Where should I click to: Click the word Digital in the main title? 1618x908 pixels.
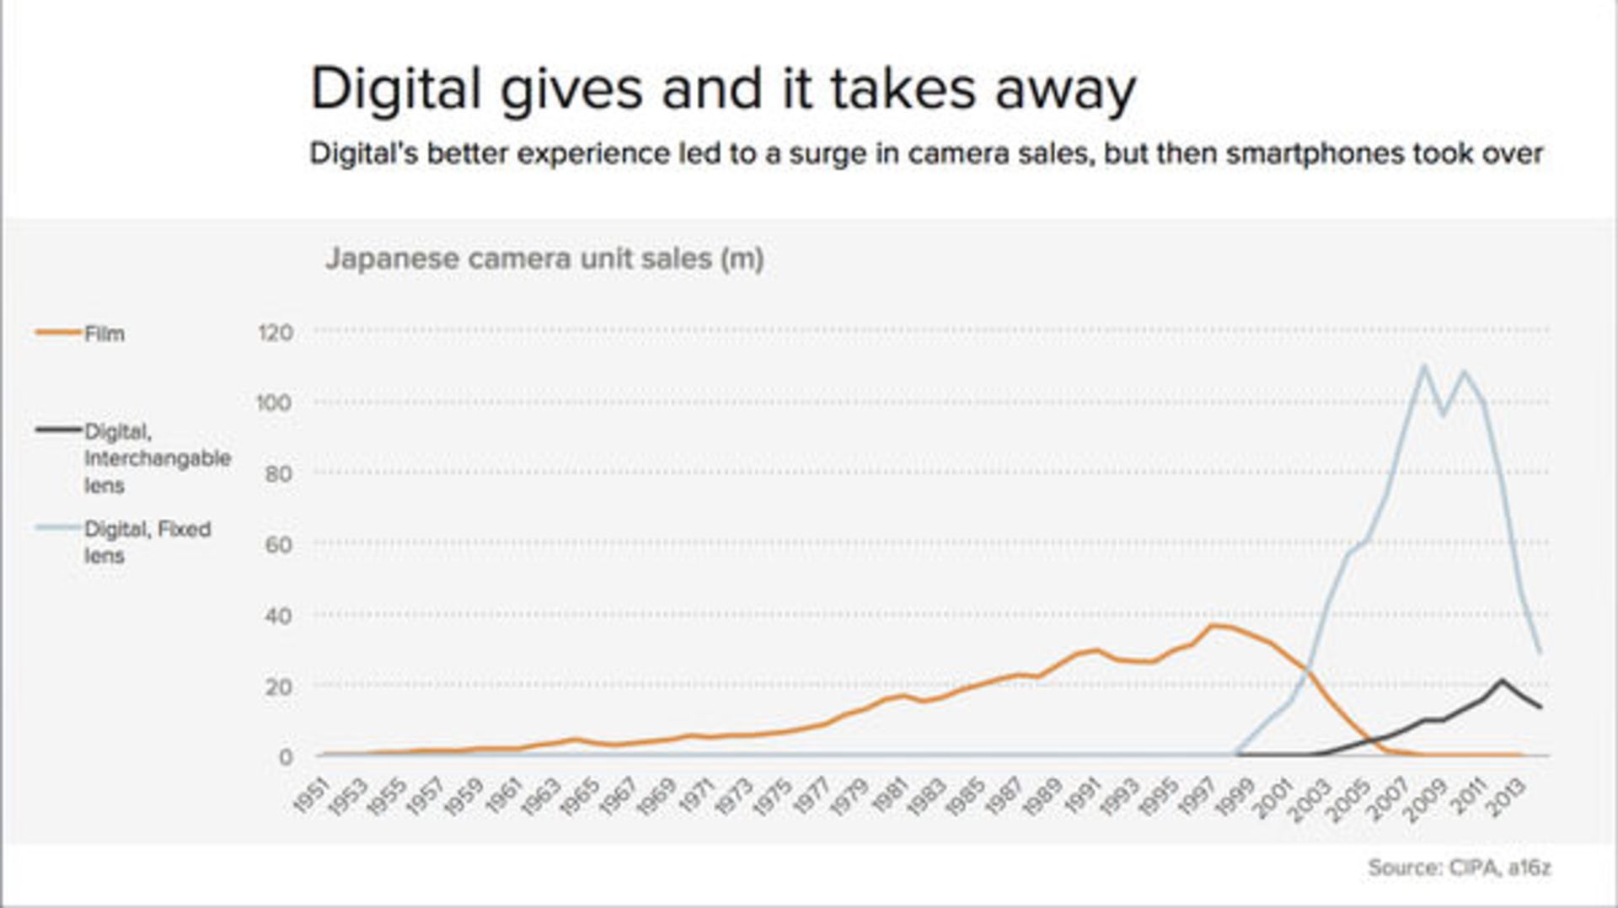(x=395, y=89)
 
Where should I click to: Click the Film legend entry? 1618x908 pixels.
(x=104, y=334)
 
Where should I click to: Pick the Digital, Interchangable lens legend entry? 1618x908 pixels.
(x=156, y=458)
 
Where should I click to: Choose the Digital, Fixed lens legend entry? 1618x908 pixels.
(x=147, y=542)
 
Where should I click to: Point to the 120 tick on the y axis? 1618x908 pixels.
(x=276, y=333)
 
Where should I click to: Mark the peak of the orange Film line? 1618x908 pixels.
(x=1213, y=626)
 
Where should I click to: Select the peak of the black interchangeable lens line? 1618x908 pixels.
(x=1502, y=680)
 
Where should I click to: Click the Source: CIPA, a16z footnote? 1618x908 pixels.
(x=1459, y=868)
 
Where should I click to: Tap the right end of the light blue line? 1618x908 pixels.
(x=1540, y=652)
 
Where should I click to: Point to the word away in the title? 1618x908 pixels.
(x=1065, y=89)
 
